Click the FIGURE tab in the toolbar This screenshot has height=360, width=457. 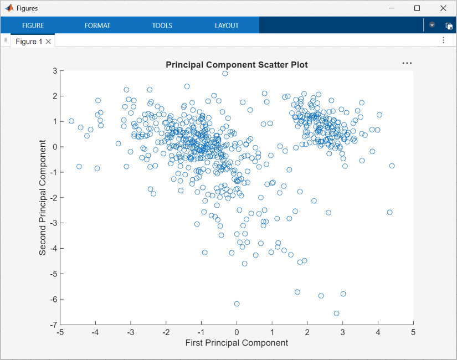(33, 25)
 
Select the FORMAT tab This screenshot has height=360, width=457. (97, 25)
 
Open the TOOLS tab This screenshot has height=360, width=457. (162, 25)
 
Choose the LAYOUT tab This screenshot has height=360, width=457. (227, 25)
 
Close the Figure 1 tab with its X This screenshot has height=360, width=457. (49, 42)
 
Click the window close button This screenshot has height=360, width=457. (443, 8)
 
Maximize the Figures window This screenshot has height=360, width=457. (417, 8)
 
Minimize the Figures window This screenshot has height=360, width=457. (392, 8)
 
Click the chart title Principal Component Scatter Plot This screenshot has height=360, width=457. (237, 65)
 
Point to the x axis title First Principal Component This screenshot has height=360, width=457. (237, 343)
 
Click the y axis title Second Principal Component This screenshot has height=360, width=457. (43, 197)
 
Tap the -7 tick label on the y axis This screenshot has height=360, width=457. (54, 325)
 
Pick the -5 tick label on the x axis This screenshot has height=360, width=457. (60, 332)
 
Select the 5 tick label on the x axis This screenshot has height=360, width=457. (413, 332)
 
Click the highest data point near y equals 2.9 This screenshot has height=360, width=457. (225, 74)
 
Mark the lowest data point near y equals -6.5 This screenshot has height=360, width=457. (336, 313)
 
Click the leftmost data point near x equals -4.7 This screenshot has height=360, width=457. (71, 121)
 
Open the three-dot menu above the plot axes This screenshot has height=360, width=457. (407, 63)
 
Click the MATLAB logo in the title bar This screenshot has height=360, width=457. (9, 8)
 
